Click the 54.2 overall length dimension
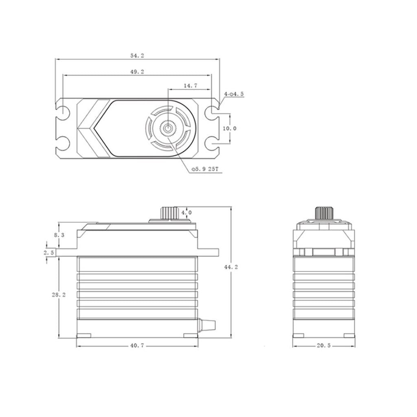point(137,55)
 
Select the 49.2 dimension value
point(137,71)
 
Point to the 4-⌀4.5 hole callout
point(233,94)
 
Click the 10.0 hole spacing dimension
point(230,128)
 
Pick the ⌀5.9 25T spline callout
point(205,169)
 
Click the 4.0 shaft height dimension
point(186,213)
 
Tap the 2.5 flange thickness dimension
point(48,252)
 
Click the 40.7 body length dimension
point(137,346)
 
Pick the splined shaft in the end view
point(324,213)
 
